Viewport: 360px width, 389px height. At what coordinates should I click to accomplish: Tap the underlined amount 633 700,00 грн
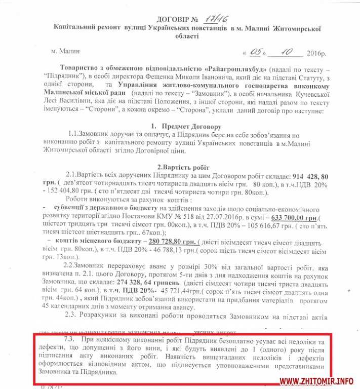(x=294, y=218)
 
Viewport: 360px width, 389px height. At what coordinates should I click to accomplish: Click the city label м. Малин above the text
(x=65, y=51)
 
